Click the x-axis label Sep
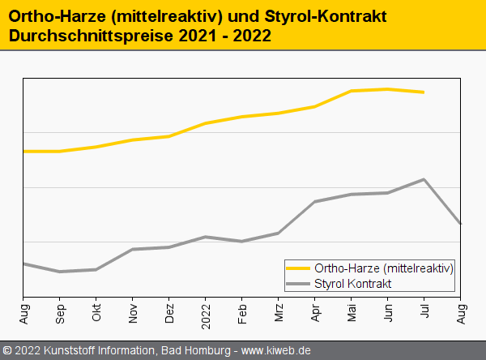pos(60,312)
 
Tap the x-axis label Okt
pos(96,312)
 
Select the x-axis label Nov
pos(133,312)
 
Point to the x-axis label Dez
pos(169,312)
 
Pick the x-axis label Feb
pos(242,312)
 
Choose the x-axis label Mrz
pos(279,312)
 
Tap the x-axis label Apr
pos(315,312)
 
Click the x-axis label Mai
pos(352,312)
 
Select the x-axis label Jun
pos(388,312)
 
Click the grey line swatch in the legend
pos(299,284)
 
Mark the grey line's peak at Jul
pos(424,179)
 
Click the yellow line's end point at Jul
pos(424,92)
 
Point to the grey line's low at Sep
pos(60,272)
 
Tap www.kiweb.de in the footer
pos(276,351)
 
